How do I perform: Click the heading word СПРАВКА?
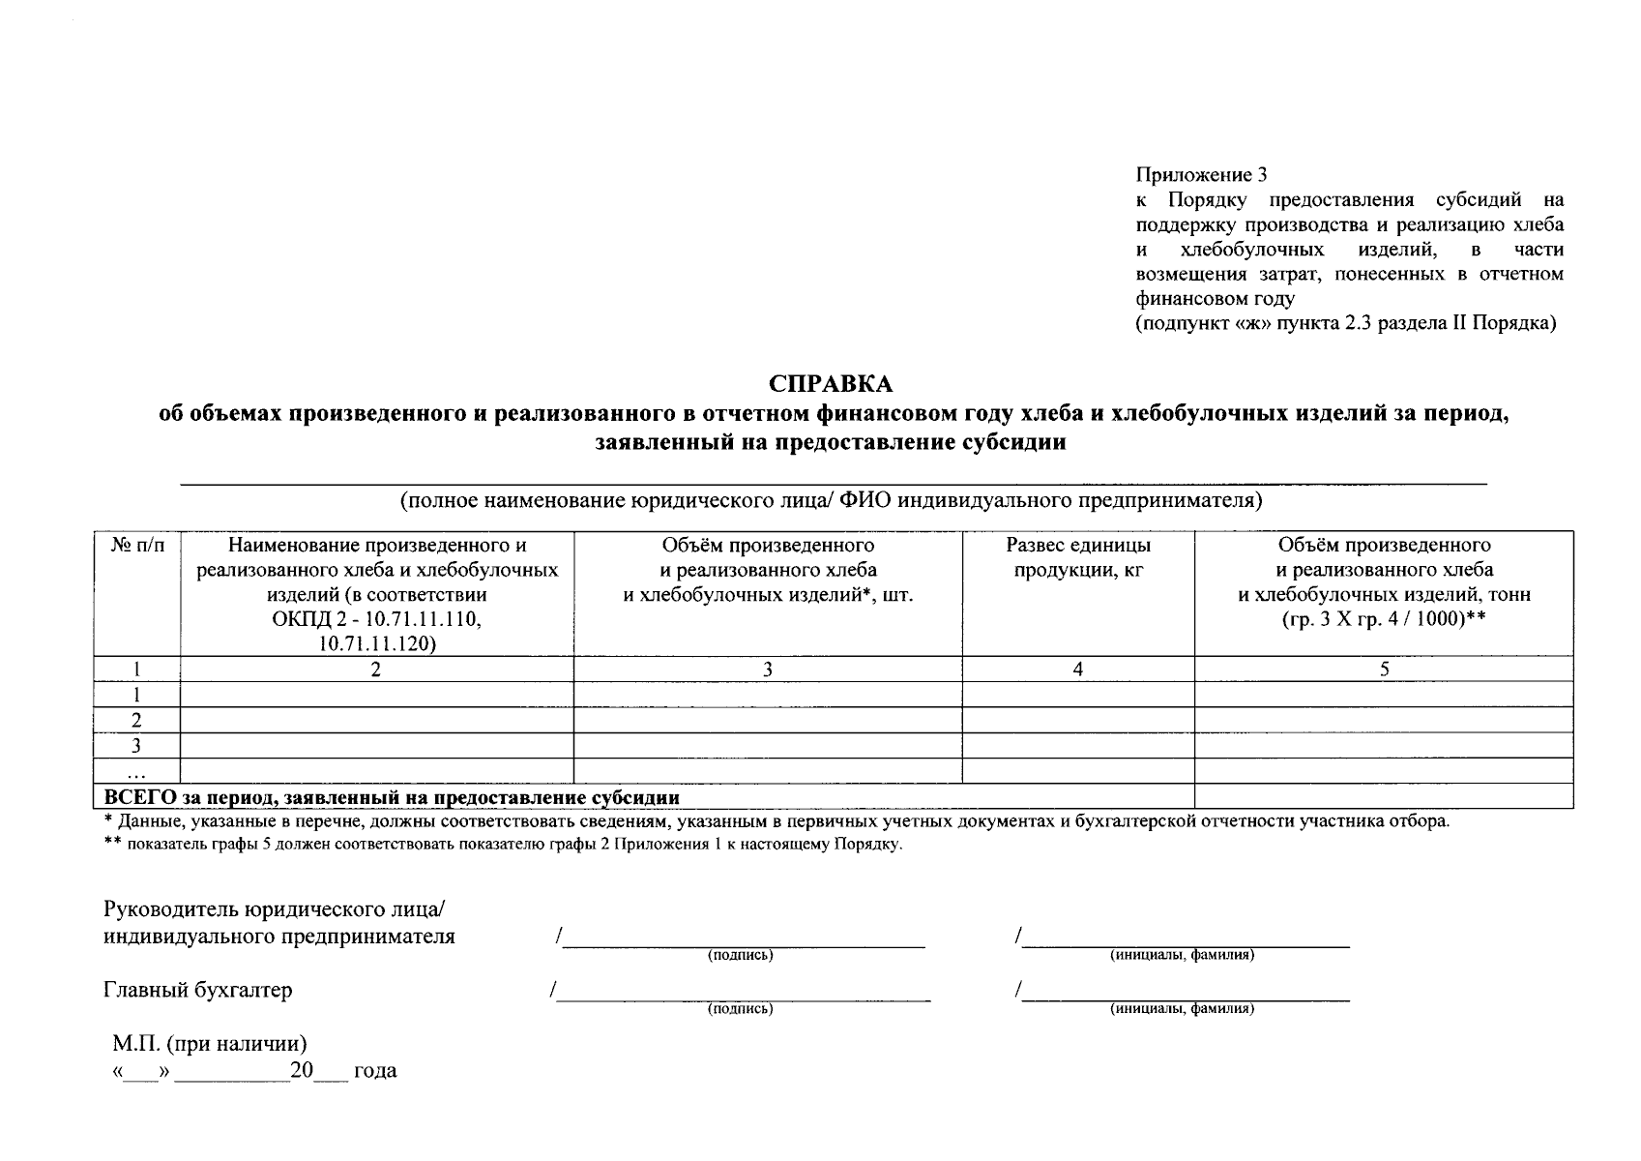tap(831, 384)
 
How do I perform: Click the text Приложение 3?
tap(1200, 175)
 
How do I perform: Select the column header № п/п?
tap(137, 546)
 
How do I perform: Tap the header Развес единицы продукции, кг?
tap(1077, 557)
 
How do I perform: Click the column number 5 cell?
tap(1384, 669)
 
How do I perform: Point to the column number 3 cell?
tap(767, 669)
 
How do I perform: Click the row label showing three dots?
tap(137, 772)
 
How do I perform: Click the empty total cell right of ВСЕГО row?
tap(1383, 796)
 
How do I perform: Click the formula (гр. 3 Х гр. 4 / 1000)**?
tap(1384, 619)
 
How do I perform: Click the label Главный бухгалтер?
tap(197, 990)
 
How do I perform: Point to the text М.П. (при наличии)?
tap(210, 1044)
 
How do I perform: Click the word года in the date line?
tap(375, 1072)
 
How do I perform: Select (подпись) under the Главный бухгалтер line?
tap(740, 1009)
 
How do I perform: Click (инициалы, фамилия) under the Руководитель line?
tap(1182, 955)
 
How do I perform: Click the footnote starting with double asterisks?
tap(503, 845)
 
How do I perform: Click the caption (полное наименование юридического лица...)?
tap(831, 500)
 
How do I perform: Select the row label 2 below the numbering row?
tap(137, 720)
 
